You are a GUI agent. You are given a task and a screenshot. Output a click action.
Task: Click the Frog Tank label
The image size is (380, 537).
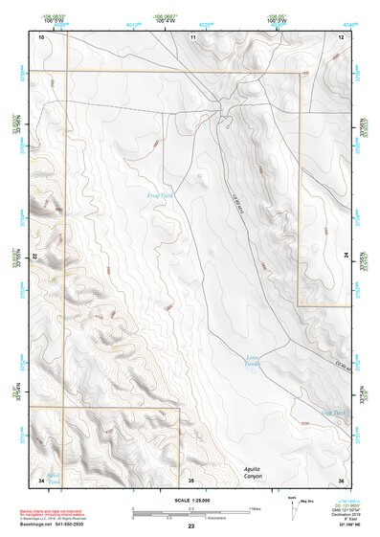point(159,195)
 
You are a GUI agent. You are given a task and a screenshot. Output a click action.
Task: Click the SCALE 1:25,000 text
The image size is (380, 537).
point(190,499)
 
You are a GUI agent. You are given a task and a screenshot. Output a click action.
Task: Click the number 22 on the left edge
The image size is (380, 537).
point(35,257)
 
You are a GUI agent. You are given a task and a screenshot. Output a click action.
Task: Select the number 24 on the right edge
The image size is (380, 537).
point(346,257)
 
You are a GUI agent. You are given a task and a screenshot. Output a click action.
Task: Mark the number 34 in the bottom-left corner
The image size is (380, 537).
point(41,480)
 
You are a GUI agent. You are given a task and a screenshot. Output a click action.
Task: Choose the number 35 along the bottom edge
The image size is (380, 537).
point(191,480)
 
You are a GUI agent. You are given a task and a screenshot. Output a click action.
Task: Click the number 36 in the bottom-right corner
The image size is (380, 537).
point(341,480)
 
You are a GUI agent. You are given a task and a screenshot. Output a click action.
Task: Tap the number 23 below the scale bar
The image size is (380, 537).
point(190,527)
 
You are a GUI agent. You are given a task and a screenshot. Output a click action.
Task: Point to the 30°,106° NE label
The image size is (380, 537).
point(350,526)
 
